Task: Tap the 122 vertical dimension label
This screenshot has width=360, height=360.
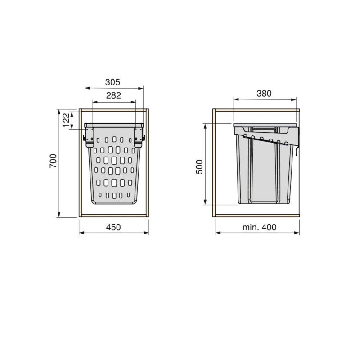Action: point(66,120)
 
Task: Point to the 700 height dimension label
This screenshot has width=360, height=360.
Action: point(53,161)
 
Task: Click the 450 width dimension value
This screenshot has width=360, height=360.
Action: point(113,227)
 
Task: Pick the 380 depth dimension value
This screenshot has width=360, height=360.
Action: point(264,94)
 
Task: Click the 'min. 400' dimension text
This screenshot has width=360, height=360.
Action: point(260,227)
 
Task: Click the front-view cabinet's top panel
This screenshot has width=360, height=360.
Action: point(114,110)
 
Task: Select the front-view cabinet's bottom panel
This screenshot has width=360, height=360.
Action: point(114,216)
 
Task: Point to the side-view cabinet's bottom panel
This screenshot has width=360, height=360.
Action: point(257,216)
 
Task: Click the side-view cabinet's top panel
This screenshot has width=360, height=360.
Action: point(257,110)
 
